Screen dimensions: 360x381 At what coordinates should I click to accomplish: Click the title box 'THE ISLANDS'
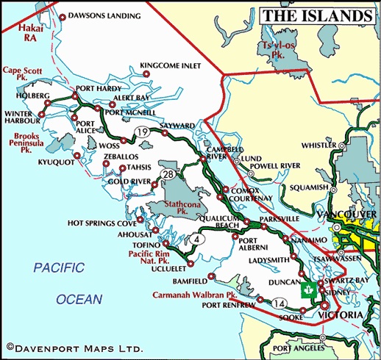point(316,15)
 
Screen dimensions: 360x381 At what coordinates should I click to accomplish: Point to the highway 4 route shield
point(197,238)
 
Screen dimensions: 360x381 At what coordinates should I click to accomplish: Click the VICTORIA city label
point(339,315)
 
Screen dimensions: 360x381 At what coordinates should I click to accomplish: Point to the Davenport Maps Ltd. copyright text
point(74,346)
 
